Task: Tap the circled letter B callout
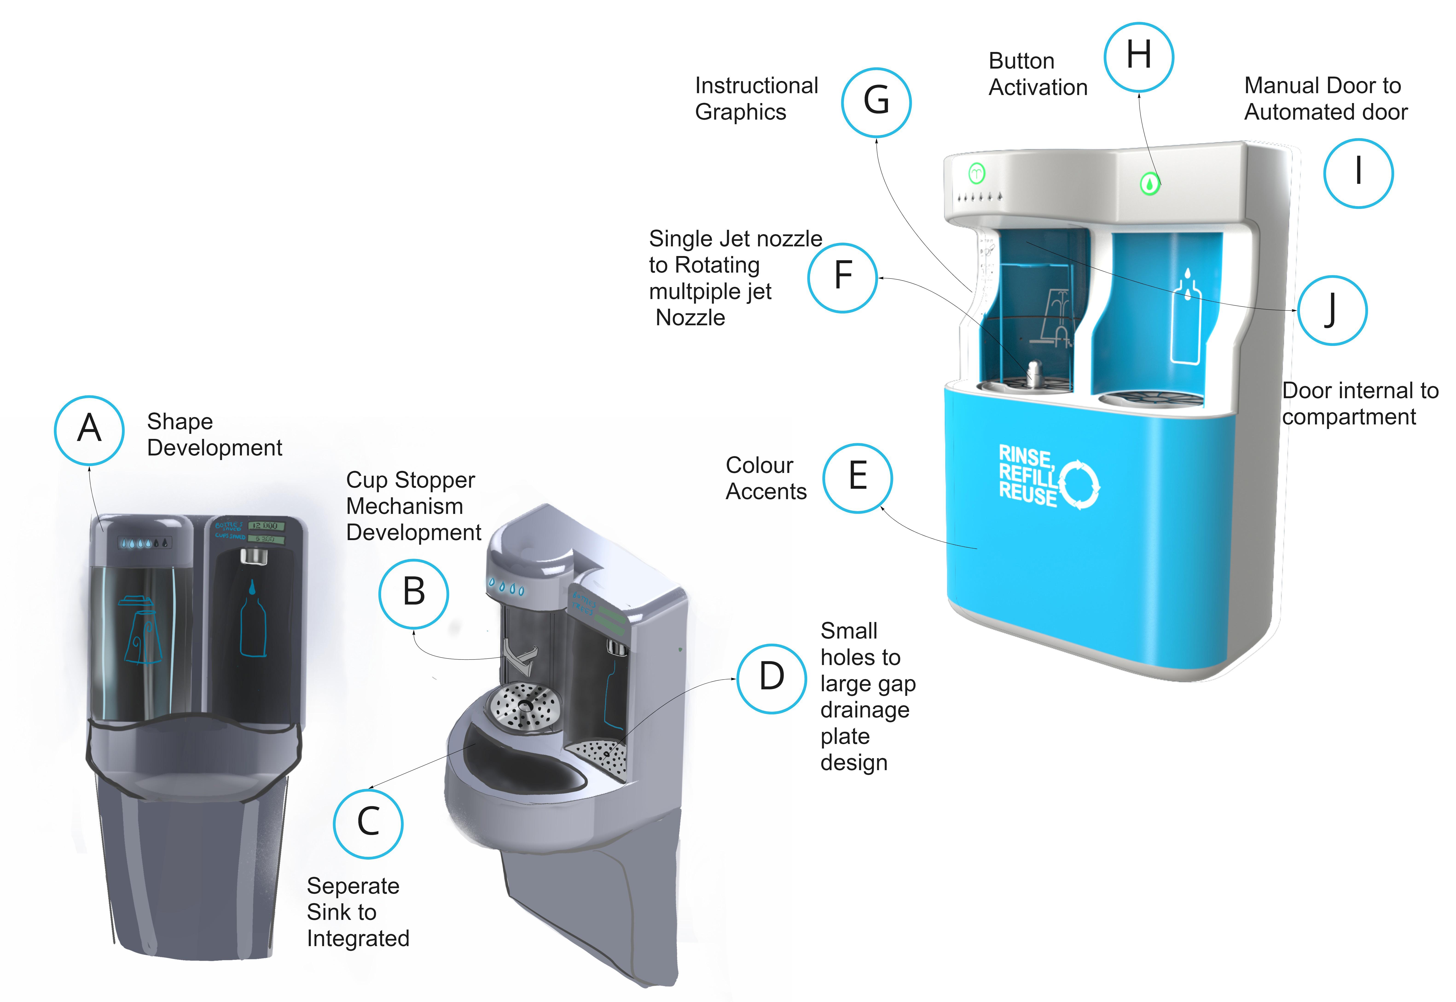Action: (x=413, y=593)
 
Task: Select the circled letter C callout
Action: (x=368, y=823)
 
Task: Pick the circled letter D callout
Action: (x=771, y=678)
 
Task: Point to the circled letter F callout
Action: (x=842, y=277)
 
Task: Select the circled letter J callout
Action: (x=1332, y=310)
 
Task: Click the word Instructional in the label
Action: (x=756, y=85)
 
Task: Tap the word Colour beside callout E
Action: (x=759, y=465)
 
